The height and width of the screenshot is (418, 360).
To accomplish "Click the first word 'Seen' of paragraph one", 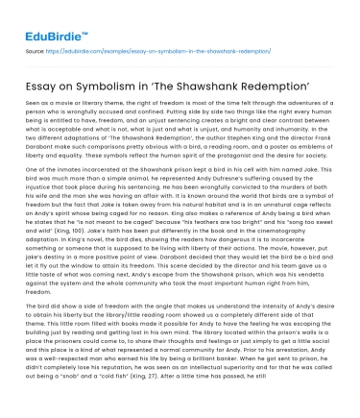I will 36,94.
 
